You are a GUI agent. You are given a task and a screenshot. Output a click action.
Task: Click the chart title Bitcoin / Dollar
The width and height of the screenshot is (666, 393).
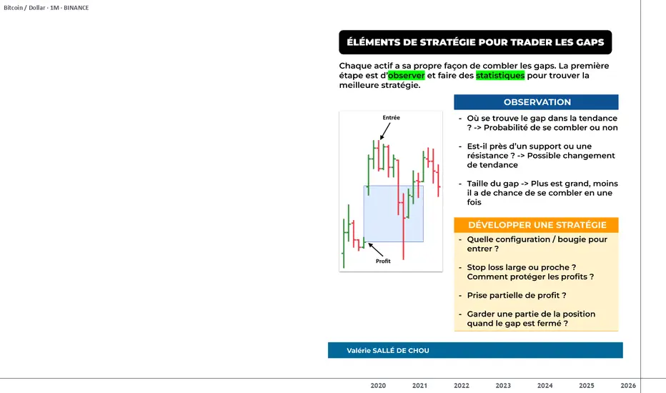click(x=24, y=8)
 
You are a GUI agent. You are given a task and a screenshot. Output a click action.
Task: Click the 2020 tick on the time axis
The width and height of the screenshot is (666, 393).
click(x=378, y=385)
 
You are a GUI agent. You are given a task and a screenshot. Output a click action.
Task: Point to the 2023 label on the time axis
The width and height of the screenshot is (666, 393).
click(x=503, y=385)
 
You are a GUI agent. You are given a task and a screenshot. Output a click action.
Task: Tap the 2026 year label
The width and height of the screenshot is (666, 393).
click(x=628, y=385)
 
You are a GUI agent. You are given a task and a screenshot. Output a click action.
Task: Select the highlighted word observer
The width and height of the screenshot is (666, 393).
click(x=406, y=75)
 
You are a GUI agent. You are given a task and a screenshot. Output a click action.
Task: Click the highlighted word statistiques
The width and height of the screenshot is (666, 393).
click(x=500, y=75)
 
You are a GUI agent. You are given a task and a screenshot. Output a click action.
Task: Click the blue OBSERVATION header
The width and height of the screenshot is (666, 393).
click(x=536, y=102)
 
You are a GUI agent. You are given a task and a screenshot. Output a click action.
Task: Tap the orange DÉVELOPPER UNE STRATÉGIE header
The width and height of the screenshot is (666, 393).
click(x=536, y=225)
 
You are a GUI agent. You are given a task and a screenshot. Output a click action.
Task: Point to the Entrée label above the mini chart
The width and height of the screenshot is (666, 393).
click(x=391, y=118)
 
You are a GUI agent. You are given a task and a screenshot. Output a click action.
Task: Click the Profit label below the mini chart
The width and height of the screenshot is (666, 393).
click(x=383, y=261)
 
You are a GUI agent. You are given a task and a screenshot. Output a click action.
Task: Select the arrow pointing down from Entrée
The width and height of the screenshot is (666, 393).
click(x=385, y=131)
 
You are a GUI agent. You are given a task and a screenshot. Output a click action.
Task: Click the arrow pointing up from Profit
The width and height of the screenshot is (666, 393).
click(x=375, y=250)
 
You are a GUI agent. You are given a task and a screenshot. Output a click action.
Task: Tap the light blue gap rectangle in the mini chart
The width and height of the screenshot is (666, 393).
click(x=393, y=214)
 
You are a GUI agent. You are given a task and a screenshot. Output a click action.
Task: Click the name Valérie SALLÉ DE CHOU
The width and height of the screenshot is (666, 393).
click(x=388, y=351)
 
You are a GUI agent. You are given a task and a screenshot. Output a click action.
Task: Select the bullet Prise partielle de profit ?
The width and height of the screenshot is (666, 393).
click(x=517, y=295)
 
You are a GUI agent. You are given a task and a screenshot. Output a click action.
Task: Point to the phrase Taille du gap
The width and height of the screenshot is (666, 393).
click(x=492, y=184)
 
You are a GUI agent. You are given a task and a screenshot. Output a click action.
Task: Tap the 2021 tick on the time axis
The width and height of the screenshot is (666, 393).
click(x=419, y=385)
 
